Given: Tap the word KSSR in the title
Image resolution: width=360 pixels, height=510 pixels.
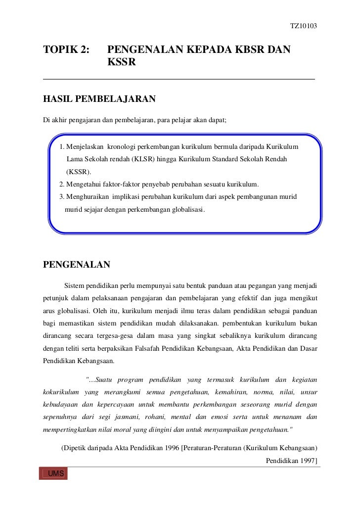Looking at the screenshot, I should (121, 63).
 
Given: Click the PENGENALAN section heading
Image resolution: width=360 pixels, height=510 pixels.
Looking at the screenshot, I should (77, 264).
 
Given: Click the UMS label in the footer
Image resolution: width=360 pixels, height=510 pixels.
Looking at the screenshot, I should (55, 475).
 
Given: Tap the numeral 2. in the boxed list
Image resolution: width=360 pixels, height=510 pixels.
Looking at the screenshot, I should (62, 185).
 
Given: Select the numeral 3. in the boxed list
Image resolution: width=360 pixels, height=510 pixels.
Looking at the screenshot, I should (62, 197).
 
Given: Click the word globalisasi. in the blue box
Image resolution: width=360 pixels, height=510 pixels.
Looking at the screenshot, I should (187, 209).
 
